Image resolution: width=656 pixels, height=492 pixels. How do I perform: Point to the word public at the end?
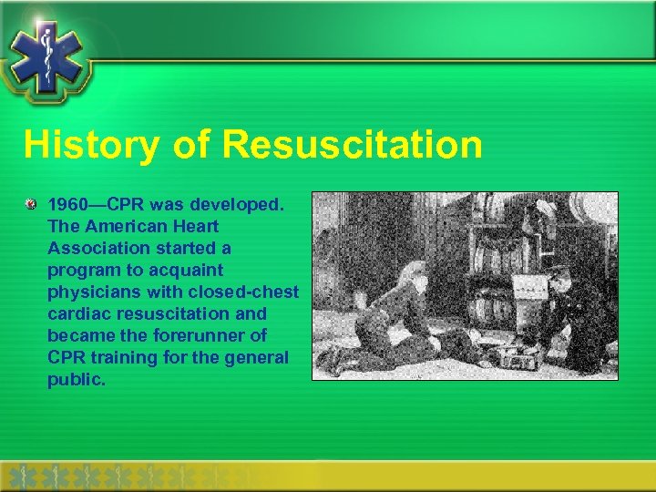tap(75, 379)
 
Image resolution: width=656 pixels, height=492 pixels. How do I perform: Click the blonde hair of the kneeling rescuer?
tap(414, 273)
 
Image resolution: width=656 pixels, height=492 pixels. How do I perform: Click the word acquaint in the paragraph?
tap(190, 270)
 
